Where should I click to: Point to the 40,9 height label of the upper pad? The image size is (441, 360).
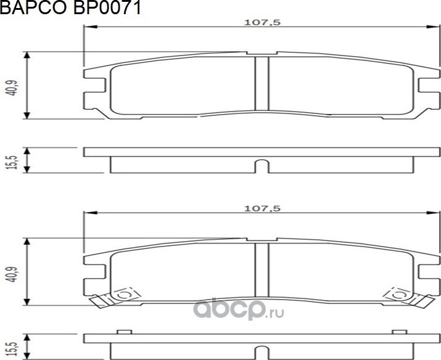(x=10, y=86)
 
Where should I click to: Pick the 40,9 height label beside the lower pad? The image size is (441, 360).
(x=10, y=272)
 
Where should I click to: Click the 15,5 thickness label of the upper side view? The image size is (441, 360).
(x=10, y=160)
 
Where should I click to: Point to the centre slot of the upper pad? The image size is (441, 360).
(x=261, y=83)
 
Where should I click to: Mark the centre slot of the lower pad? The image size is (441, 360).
(x=261, y=269)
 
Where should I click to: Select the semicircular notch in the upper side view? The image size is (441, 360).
(x=261, y=166)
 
